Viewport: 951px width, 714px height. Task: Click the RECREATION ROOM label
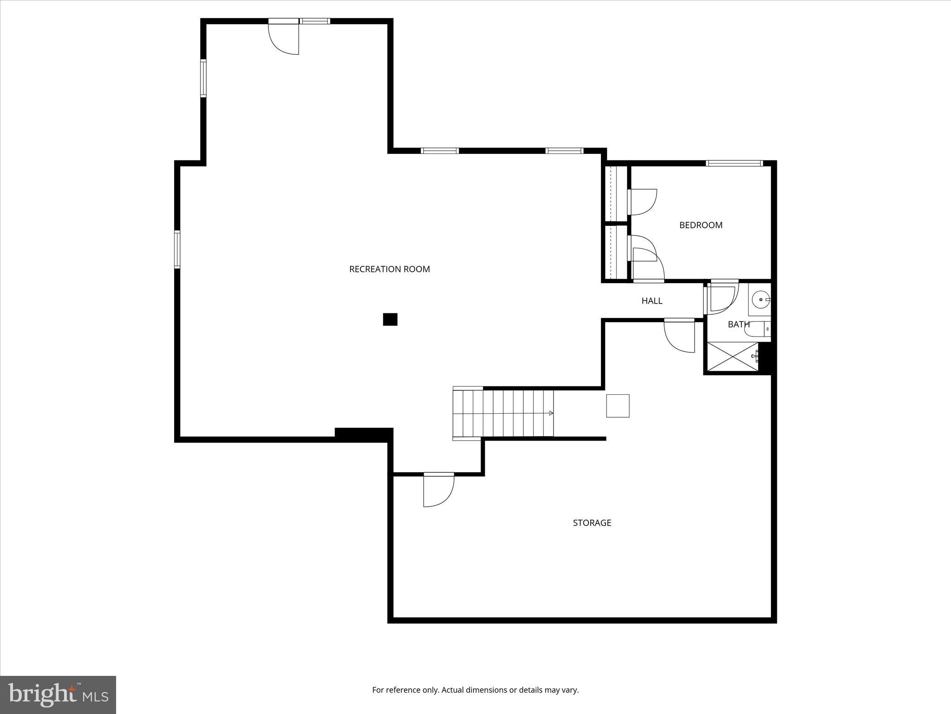click(389, 269)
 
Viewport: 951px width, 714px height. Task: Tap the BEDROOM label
click(701, 225)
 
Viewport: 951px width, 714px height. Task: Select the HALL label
click(651, 301)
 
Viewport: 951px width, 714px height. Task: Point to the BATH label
click(738, 324)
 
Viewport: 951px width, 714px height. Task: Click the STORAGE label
click(592, 523)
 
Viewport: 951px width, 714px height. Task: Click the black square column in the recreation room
click(390, 319)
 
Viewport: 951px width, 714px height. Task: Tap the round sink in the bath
click(760, 300)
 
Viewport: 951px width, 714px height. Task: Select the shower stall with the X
click(732, 357)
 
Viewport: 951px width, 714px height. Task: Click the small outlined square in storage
click(618, 406)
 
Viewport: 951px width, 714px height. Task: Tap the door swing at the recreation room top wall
click(283, 37)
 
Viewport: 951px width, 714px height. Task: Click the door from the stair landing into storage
click(438, 490)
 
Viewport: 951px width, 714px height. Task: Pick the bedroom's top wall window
click(734, 163)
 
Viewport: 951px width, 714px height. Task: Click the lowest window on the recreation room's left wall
click(177, 249)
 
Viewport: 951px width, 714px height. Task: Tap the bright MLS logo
click(58, 695)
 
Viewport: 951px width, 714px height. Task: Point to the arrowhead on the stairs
click(551, 413)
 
